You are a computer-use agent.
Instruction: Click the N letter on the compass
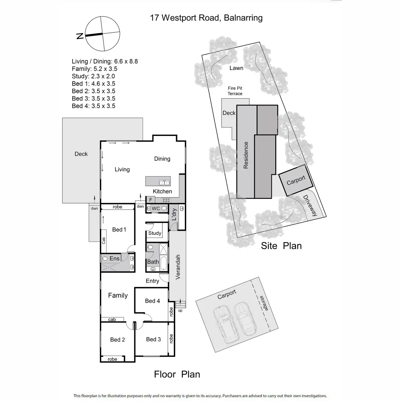[80, 36]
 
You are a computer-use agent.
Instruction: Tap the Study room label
[155, 233]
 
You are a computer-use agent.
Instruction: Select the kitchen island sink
[164, 182]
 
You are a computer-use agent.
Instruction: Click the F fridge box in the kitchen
[151, 200]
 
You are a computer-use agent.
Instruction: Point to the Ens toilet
[104, 259]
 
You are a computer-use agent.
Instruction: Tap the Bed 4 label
[152, 301]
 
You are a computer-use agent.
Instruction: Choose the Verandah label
[178, 267]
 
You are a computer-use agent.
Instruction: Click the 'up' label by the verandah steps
[180, 310]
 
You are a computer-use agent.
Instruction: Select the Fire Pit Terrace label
[235, 91]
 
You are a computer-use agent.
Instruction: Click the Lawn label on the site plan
[236, 68]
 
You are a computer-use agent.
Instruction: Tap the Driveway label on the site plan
[310, 206]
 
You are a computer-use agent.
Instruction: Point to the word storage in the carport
[264, 303]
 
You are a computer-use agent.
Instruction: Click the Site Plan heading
[281, 246]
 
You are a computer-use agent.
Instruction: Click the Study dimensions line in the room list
[93, 76]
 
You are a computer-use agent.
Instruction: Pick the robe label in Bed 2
[112, 359]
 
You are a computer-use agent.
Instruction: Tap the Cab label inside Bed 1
[104, 241]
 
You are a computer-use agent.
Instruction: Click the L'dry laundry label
[174, 214]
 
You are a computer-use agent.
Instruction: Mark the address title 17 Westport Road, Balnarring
[206, 18]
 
